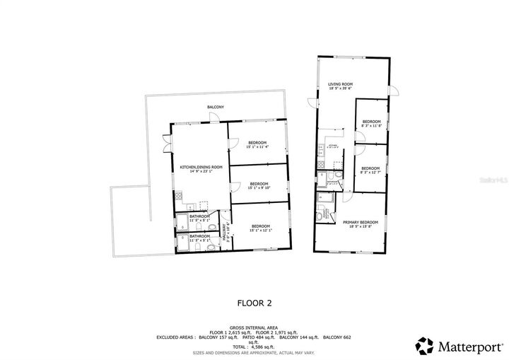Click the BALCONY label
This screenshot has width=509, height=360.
216,107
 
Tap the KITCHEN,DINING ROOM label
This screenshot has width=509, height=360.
201,168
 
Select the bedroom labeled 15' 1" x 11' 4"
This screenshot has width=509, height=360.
257,145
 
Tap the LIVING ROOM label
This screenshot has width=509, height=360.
340,85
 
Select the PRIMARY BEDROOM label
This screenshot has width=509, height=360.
361,223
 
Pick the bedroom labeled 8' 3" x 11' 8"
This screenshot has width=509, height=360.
371,123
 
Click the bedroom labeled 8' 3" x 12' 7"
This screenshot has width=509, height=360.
370,168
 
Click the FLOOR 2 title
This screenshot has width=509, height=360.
255,303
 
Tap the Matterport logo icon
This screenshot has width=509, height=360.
424,345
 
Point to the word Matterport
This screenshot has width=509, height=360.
466,346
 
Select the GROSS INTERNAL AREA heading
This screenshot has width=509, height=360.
254,327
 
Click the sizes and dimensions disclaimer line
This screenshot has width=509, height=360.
255,352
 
